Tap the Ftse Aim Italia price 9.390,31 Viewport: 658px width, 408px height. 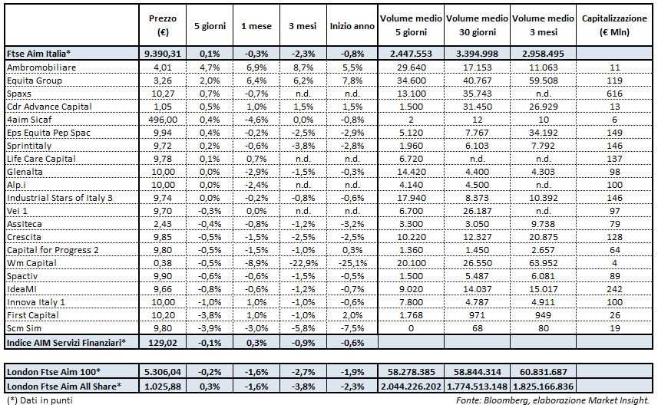161,54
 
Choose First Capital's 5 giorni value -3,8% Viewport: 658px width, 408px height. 206,314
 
